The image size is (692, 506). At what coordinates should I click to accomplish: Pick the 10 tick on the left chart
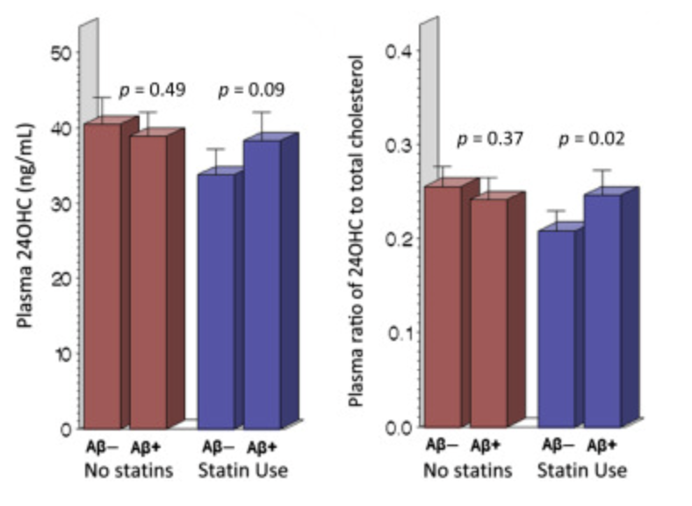[60, 354]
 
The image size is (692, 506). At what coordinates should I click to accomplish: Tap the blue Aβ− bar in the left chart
[216, 299]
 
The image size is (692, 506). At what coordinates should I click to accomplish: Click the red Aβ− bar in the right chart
[442, 307]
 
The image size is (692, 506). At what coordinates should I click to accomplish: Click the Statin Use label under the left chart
[241, 471]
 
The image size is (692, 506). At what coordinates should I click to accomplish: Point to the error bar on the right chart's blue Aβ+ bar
[601, 180]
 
